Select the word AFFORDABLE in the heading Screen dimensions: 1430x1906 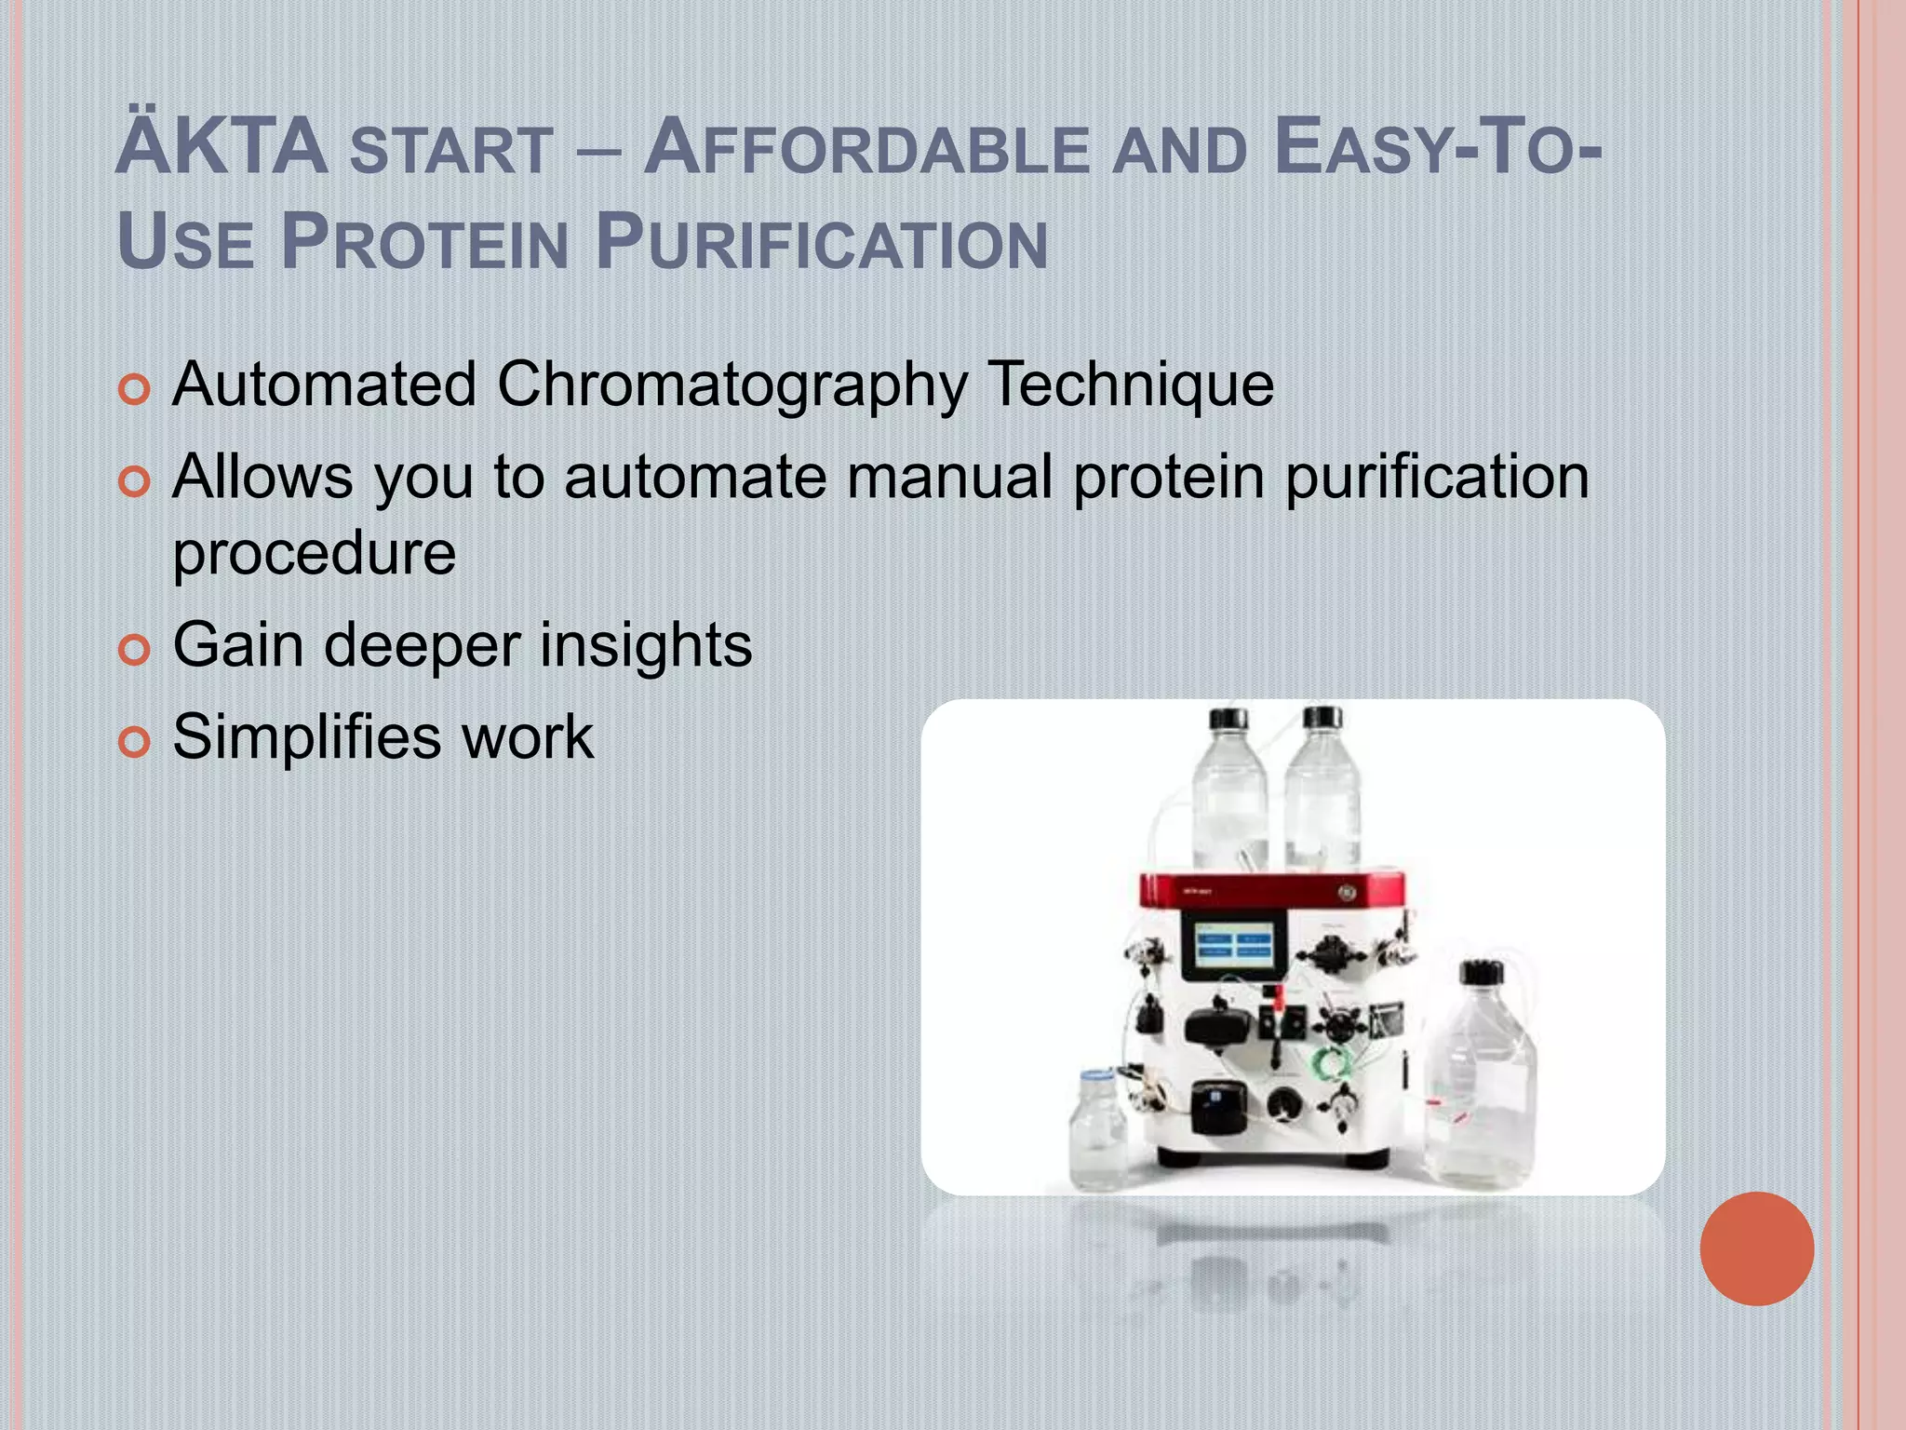[866, 149]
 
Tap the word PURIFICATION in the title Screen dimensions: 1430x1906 [822, 242]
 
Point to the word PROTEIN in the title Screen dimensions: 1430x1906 [424, 242]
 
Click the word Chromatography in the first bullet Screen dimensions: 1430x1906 [732, 384]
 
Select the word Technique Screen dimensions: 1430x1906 [1130, 384]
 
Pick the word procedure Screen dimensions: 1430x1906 [315, 555]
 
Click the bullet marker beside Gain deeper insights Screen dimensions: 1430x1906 [135, 649]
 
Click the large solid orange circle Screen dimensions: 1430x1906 [1756, 1248]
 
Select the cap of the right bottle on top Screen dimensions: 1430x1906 [1322, 718]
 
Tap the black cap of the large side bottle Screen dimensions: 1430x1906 [1481, 973]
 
